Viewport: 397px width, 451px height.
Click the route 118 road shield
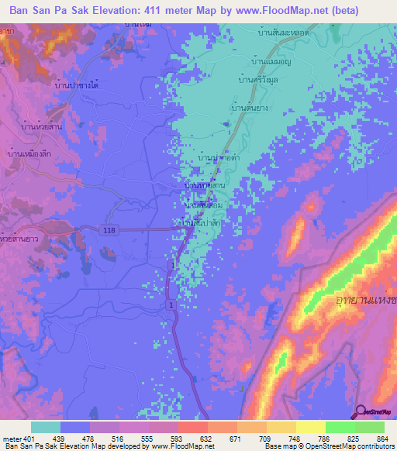(107, 229)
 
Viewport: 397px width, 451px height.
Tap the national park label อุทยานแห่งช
(364, 298)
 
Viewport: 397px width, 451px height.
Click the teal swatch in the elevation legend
(46, 427)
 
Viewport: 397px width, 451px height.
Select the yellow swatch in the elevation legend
(310, 427)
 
